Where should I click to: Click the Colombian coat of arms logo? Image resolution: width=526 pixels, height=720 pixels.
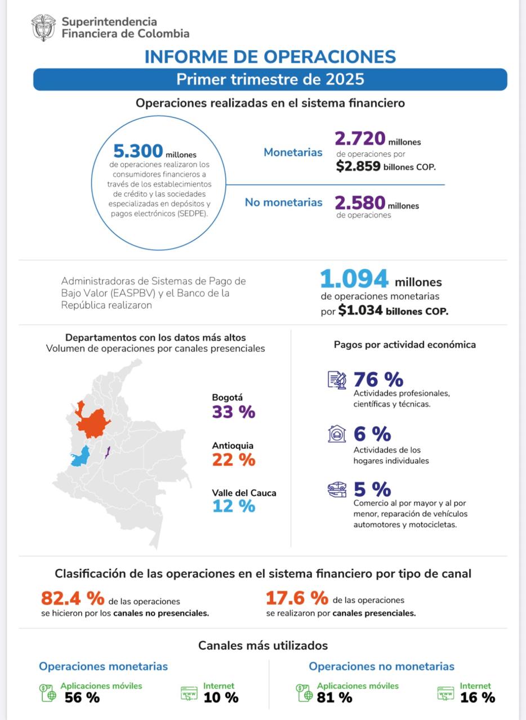click(x=43, y=28)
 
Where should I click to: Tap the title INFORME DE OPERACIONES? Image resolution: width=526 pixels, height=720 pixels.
click(x=270, y=57)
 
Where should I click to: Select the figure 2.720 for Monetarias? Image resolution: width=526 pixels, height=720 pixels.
click(x=360, y=138)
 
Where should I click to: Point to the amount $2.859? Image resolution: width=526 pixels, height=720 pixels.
click(x=358, y=166)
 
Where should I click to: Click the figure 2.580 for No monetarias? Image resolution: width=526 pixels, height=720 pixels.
click(x=360, y=202)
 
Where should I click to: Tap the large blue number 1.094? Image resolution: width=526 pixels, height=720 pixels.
click(x=354, y=279)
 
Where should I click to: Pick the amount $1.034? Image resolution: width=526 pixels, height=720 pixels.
click(x=360, y=310)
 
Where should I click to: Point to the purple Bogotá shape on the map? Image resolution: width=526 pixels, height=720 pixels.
click(x=107, y=452)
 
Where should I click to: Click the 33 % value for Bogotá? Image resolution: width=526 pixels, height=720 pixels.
click(x=233, y=412)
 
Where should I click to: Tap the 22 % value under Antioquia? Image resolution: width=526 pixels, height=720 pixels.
click(x=233, y=460)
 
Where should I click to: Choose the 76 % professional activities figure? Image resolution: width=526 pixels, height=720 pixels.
click(x=378, y=379)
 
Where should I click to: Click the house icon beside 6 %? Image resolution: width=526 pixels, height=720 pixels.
click(x=337, y=434)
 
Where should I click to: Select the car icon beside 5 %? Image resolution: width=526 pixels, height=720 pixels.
click(x=337, y=489)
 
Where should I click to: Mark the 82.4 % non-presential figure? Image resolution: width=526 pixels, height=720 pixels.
click(x=73, y=597)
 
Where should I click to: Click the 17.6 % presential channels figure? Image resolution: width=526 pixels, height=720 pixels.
click(x=297, y=597)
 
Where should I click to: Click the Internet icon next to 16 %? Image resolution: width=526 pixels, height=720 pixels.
click(x=445, y=694)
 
